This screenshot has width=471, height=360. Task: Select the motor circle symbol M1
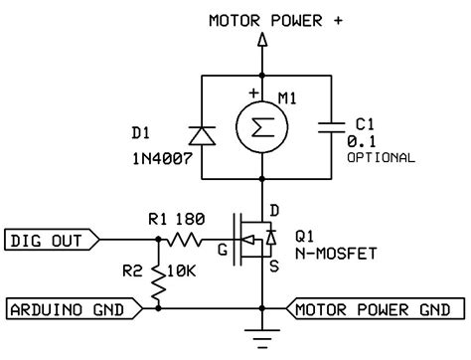[262, 126]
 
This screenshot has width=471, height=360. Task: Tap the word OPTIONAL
[381, 158]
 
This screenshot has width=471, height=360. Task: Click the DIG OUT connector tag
[50, 240]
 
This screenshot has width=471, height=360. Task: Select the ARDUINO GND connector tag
[67, 309]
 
